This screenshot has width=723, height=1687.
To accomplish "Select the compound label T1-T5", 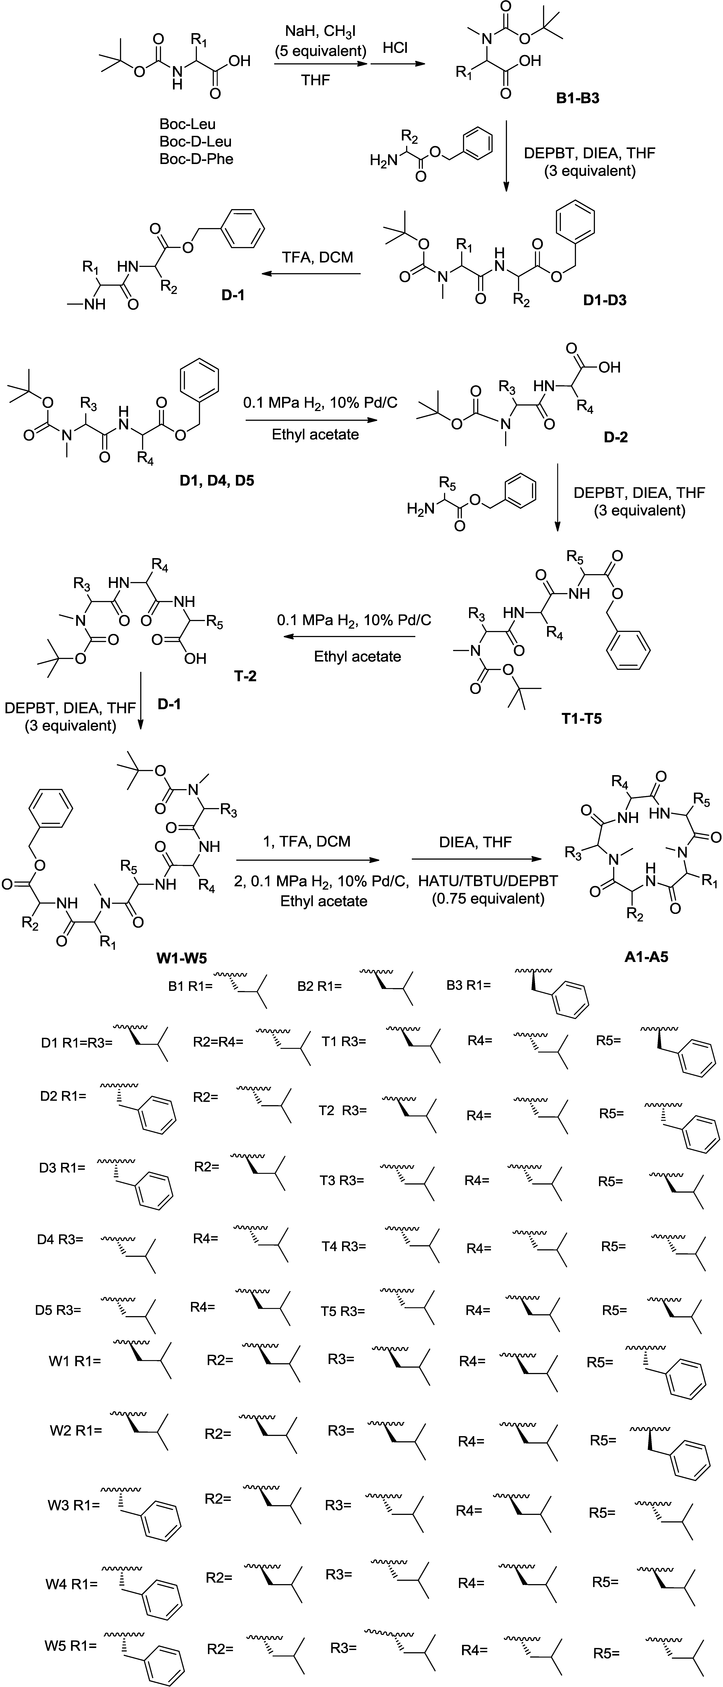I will pyautogui.click(x=581, y=718).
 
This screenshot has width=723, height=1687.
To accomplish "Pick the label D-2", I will pyautogui.click(x=616, y=438).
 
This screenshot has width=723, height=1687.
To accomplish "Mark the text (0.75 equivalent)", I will pyautogui.click(x=488, y=898).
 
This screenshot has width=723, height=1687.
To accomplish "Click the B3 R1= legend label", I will pyautogui.click(x=468, y=985).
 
